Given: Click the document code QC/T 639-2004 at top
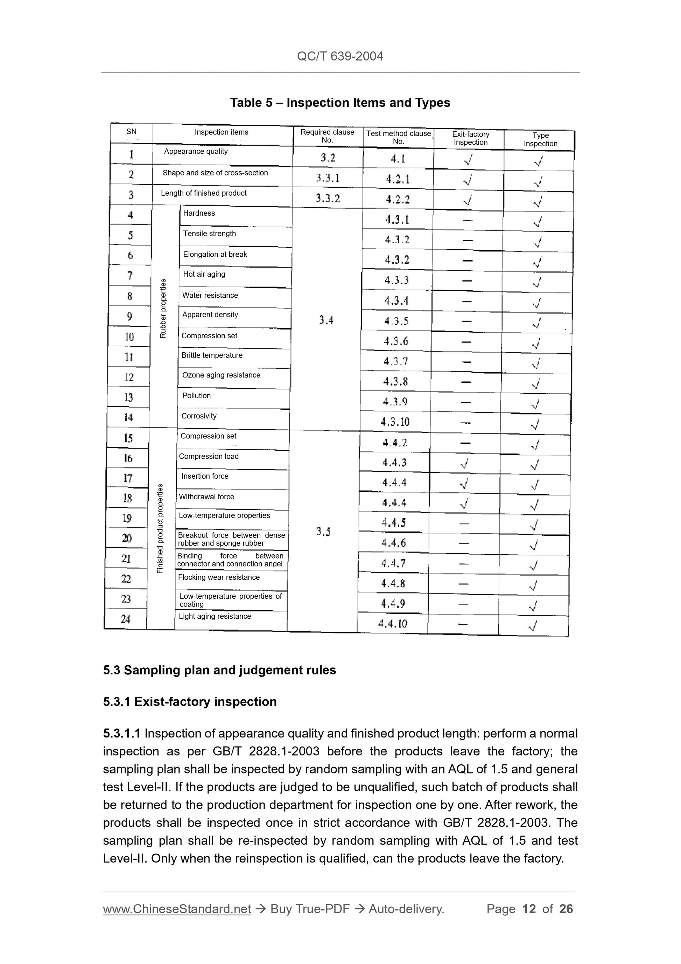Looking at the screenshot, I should pyautogui.click(x=340, y=56).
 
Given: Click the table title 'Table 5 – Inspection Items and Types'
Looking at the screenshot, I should pyautogui.click(x=340, y=103).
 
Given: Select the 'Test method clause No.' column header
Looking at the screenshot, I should pyautogui.click(x=398, y=137).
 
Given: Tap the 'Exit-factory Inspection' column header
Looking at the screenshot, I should pyautogui.click(x=470, y=138).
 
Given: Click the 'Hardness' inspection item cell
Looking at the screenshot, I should pyautogui.click(x=199, y=213).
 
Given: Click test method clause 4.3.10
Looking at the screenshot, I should pyautogui.click(x=395, y=422).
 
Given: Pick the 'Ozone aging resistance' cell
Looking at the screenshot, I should pyautogui.click(x=221, y=375).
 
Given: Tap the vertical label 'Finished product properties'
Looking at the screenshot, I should pyautogui.click(x=160, y=528).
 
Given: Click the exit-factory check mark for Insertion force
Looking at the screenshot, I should pyautogui.click(x=464, y=483).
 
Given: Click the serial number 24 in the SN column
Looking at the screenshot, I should pyautogui.click(x=126, y=619).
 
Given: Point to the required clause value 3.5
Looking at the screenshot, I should pyautogui.click(x=323, y=532).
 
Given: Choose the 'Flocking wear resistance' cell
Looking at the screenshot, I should pyautogui.click(x=219, y=577).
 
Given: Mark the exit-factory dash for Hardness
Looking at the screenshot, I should pyautogui.click(x=468, y=220).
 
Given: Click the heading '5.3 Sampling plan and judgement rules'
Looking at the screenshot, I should pyautogui.click(x=219, y=670).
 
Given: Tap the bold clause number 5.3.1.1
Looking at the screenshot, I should pyautogui.click(x=122, y=734).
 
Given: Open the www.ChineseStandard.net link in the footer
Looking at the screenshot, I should pyautogui.click(x=177, y=909).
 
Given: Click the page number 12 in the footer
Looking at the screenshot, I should pyautogui.click(x=529, y=909).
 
